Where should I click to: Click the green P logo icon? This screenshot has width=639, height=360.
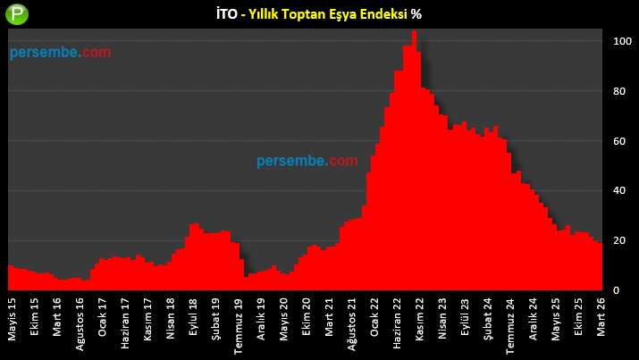pyautogui.click(x=17, y=15)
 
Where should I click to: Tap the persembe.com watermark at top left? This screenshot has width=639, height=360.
pyautogui.click(x=61, y=53)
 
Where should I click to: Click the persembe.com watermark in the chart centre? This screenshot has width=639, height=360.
pyautogui.click(x=307, y=162)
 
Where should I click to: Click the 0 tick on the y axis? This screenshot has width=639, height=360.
pyautogui.click(x=616, y=291)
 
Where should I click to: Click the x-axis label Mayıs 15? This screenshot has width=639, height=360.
pyautogui.click(x=12, y=320)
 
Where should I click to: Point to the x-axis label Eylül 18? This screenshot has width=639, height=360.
pyautogui.click(x=194, y=319)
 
